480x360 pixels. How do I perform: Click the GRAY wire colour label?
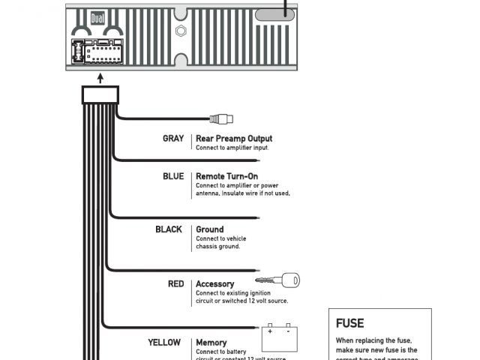click(172, 139)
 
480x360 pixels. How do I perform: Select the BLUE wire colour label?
click(172, 177)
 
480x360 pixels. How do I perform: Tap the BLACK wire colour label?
click(169, 229)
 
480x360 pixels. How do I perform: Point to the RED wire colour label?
click(175, 284)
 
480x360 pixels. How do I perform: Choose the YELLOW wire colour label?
click(164, 343)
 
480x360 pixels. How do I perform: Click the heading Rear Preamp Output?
click(233, 139)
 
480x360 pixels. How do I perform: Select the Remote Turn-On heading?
click(226, 177)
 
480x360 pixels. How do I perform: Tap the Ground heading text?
click(209, 229)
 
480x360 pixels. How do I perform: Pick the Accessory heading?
click(214, 284)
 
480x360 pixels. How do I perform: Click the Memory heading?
click(211, 343)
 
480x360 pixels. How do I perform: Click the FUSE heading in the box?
click(349, 323)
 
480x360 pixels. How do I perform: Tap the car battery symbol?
click(279, 338)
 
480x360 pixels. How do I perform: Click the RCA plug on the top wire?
click(221, 118)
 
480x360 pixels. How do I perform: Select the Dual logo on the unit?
click(97, 18)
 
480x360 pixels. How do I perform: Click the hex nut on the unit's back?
click(181, 31)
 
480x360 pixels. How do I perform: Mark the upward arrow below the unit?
click(100, 76)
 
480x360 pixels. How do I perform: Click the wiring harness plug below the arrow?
click(100, 94)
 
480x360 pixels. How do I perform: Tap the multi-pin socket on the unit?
click(100, 53)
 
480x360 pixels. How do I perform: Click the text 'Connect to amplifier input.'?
click(232, 148)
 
